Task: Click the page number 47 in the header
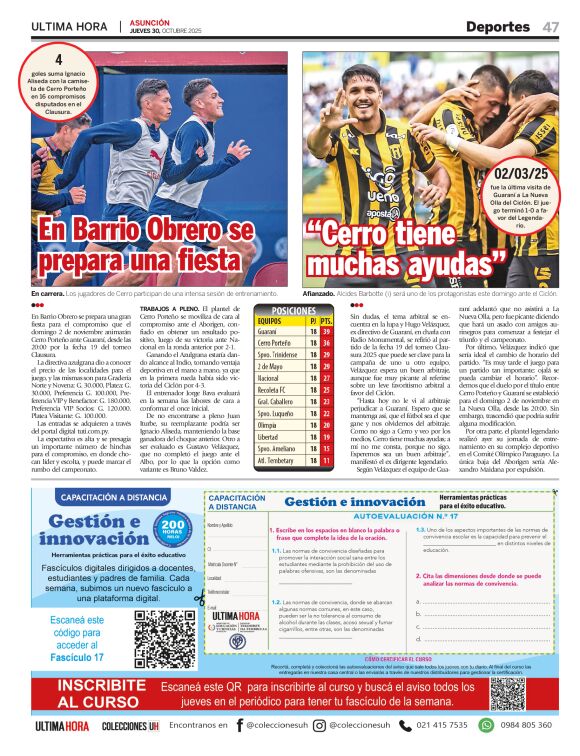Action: [551, 26]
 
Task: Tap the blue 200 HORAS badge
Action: [172, 527]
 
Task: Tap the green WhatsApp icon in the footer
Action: [487, 725]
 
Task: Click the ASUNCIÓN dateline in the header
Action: [151, 21]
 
